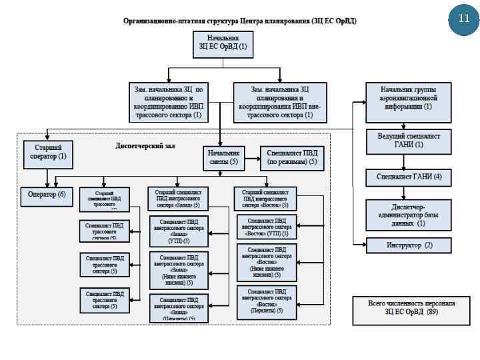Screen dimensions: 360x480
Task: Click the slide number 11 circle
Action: pos(464,19)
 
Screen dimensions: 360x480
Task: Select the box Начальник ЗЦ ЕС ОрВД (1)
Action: pos(222,43)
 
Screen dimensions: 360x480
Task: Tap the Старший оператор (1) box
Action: pos(49,152)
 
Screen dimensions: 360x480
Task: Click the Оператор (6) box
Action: pos(47,195)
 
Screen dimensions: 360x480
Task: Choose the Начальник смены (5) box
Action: pos(224,157)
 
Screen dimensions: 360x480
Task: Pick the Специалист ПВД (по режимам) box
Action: pos(292,157)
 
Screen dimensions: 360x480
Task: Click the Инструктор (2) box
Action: pos(409,245)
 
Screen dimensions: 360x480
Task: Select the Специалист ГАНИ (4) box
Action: pos(409,177)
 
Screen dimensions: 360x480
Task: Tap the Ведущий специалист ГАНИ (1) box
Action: pos(409,140)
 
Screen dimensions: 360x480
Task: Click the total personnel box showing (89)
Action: pos(411,307)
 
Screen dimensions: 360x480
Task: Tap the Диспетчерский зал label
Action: pos(145,145)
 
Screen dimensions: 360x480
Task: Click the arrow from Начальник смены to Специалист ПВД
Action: pos(251,159)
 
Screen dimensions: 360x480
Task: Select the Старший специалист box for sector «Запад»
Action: pos(177,198)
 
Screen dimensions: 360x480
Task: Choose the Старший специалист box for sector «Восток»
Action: pos(265,198)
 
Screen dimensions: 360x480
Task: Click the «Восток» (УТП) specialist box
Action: pos(267,227)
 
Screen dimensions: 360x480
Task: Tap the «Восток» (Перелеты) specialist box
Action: pos(267,301)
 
